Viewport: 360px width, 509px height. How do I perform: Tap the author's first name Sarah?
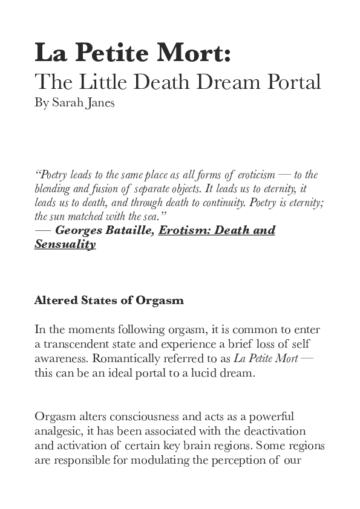pyautogui.click(x=67, y=102)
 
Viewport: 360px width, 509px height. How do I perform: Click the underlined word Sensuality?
pyautogui.click(x=65, y=244)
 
